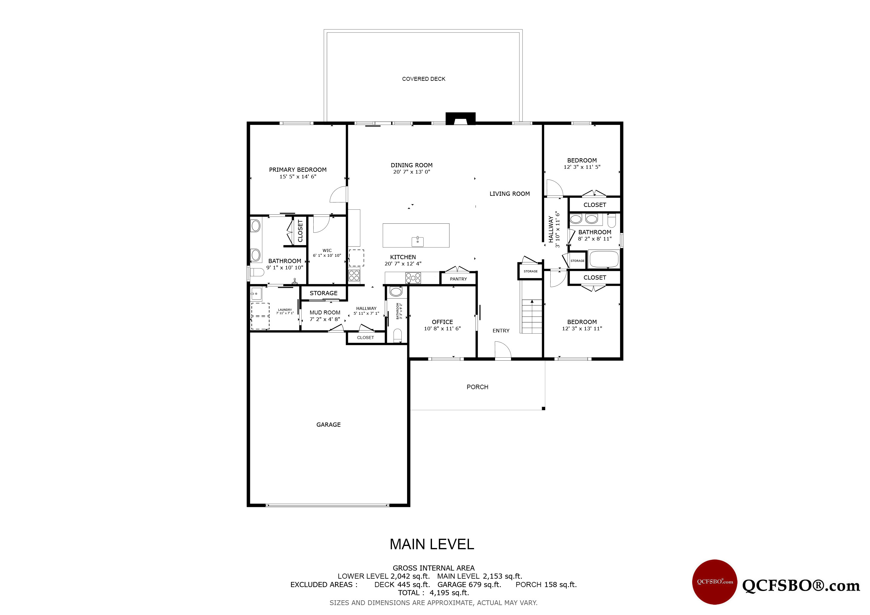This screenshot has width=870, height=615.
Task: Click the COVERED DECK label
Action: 424,79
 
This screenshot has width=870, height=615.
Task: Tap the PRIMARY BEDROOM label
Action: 297,170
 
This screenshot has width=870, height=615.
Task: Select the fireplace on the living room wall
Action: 461,119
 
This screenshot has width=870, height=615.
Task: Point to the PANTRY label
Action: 458,279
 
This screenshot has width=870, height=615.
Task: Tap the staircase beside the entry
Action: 532,316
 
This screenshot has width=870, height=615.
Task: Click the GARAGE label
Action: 329,425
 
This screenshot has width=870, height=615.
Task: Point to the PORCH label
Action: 477,387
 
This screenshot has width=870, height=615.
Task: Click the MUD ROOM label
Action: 325,312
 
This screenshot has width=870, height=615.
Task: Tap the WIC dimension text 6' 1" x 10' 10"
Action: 327,256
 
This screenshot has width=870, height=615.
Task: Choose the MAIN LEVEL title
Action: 432,544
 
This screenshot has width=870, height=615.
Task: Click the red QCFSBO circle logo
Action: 715,582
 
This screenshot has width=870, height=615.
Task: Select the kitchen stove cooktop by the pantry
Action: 413,278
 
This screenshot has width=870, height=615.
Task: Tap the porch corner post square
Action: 543,408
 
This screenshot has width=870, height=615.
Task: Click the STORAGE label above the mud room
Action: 323,293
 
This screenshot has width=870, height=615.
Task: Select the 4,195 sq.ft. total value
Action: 449,593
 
